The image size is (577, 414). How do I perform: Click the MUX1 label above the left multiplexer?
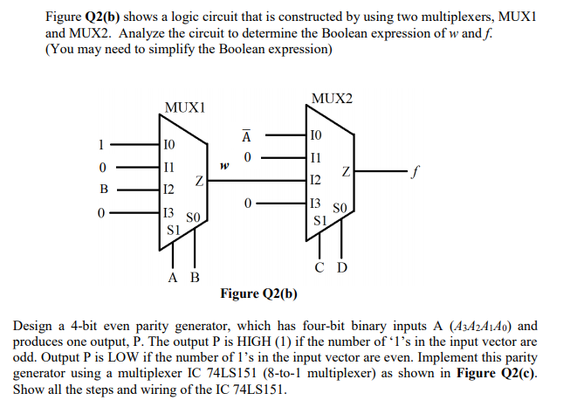point(184,107)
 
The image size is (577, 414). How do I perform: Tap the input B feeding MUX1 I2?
point(102,188)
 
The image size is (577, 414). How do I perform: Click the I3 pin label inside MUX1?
point(168,213)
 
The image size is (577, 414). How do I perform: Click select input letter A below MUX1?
point(173,278)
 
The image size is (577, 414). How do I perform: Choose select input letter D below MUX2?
point(341,266)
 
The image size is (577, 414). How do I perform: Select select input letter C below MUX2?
point(320,266)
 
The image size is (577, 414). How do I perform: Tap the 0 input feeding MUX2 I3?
point(248,203)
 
